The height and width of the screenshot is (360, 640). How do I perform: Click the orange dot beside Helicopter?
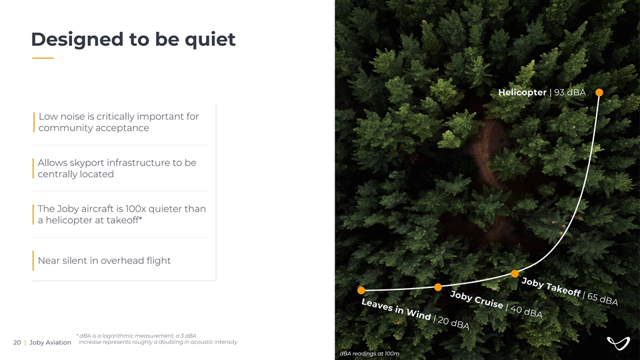pos(599,93)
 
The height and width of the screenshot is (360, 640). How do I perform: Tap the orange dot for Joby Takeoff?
pos(515,273)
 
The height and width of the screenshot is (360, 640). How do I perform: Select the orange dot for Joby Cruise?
pos(438,287)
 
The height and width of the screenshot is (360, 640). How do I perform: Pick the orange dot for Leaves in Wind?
pos(361,290)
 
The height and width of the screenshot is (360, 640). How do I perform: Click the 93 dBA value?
pos(570,93)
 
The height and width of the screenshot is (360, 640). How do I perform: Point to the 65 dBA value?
pos(603,299)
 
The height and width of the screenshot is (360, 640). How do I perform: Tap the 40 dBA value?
pos(527,311)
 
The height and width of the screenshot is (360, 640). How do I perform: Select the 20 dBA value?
pos(453,323)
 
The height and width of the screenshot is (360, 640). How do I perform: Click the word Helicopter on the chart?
pos(523,93)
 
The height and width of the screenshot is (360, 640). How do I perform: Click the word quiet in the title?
pos(210,39)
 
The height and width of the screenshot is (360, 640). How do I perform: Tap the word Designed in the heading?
pos(77,39)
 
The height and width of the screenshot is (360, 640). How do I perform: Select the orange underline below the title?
pos(43,58)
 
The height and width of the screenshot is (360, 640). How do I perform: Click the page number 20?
pos(17,343)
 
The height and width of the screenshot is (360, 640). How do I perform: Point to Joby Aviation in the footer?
pos(50,343)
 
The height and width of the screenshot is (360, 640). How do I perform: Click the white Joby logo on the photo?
pos(618,343)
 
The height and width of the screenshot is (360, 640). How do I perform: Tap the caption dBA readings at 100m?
pos(369,353)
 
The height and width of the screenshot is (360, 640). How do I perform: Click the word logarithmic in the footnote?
pos(117,336)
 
